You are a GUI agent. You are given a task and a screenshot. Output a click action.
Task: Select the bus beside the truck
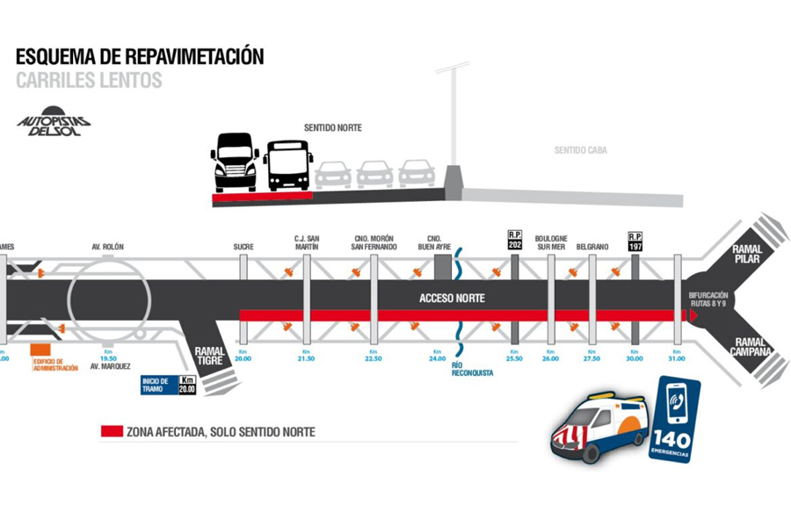(x=288, y=164)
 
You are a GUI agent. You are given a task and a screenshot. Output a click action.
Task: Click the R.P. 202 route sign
(x=515, y=240)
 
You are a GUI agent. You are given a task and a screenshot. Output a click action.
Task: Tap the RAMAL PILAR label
(x=752, y=255)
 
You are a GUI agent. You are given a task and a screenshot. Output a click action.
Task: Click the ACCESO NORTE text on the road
(x=452, y=299)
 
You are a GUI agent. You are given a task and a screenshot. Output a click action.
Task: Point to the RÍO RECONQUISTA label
(x=472, y=369)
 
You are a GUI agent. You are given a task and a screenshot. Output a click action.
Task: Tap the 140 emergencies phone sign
(x=674, y=419)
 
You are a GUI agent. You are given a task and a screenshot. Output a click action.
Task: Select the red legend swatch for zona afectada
(x=111, y=431)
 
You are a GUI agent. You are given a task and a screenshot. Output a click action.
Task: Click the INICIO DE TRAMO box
(x=168, y=385)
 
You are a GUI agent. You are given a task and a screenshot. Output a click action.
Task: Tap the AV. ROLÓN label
(x=108, y=247)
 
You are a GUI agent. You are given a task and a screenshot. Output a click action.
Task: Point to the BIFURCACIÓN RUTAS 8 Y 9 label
(x=708, y=299)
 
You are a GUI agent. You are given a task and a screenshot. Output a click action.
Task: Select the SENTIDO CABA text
(x=580, y=150)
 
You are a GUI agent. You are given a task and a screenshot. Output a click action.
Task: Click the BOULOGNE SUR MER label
(x=551, y=242)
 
